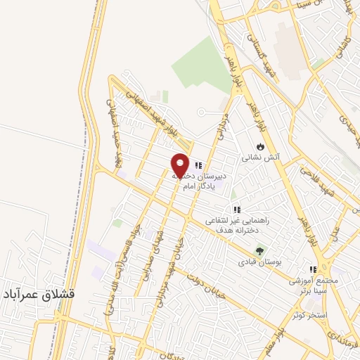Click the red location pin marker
tap(180, 165)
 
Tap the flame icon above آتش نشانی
tap(260, 146)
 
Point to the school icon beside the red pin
tap(198, 165)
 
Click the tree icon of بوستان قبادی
tap(260, 250)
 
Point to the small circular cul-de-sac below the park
tap(202, 112)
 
